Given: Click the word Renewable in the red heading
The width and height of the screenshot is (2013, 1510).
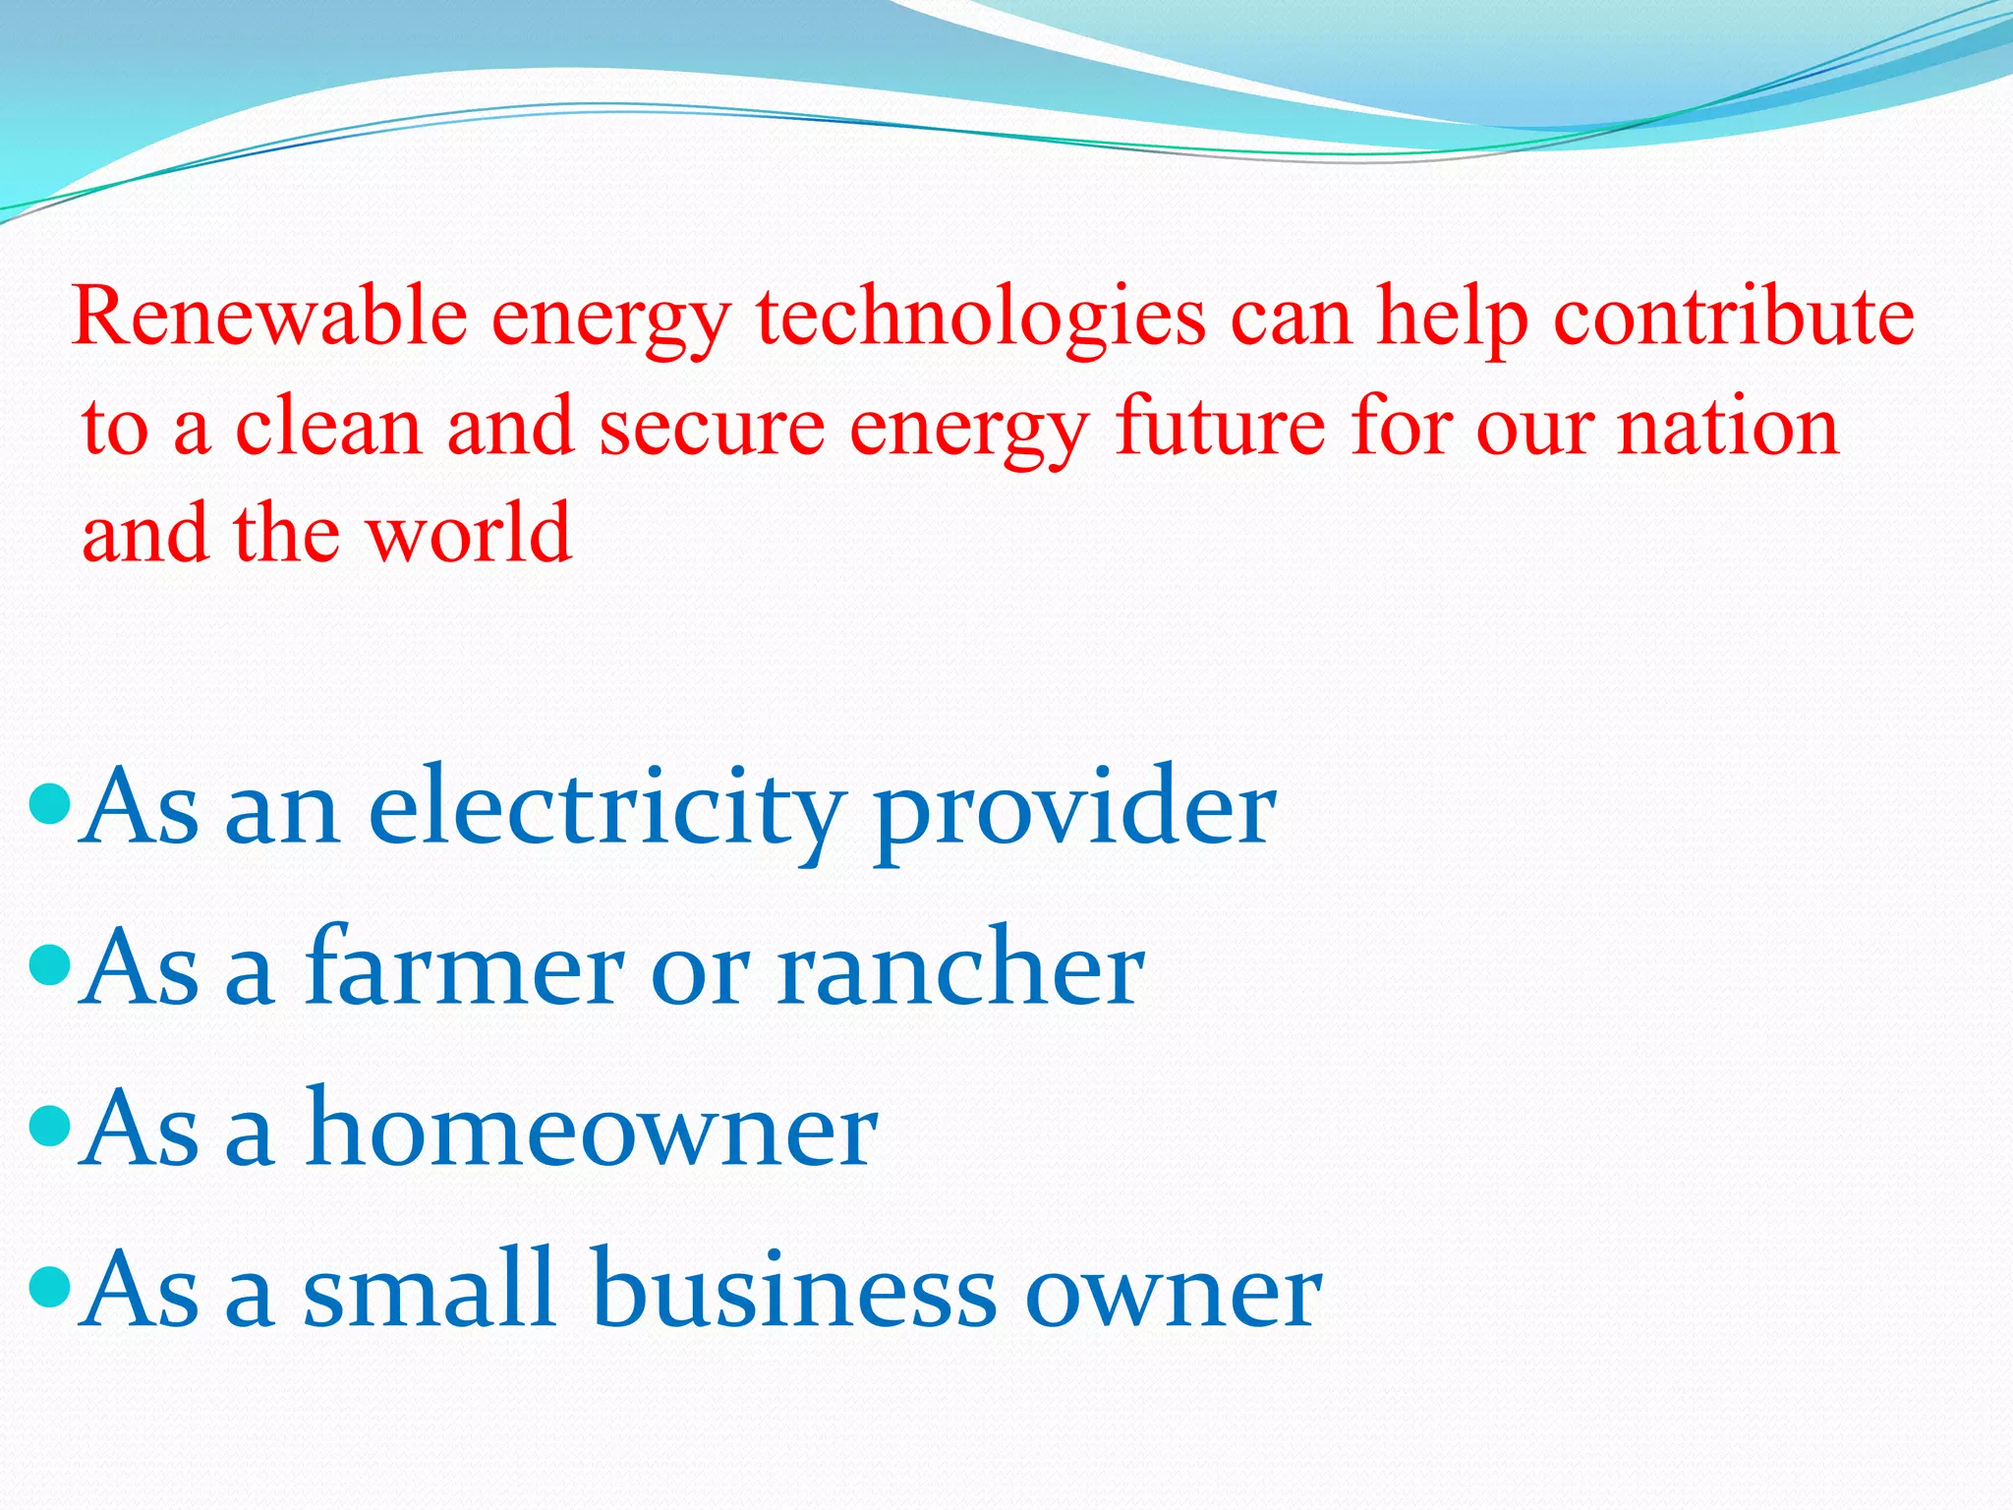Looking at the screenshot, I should coord(270,317).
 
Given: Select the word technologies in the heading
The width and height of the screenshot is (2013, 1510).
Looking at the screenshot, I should coord(980,317).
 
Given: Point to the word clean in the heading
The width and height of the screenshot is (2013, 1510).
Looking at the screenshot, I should coord(328,427).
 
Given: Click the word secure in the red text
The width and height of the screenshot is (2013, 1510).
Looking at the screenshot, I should coord(713,427).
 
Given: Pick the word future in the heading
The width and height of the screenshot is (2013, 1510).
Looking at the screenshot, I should coord(1220,427).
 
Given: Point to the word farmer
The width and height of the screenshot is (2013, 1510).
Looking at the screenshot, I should coord(464,969).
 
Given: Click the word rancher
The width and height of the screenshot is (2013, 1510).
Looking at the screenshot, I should coord(960,969).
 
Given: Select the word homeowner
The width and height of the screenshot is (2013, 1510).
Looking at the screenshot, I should coord(591,1129).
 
